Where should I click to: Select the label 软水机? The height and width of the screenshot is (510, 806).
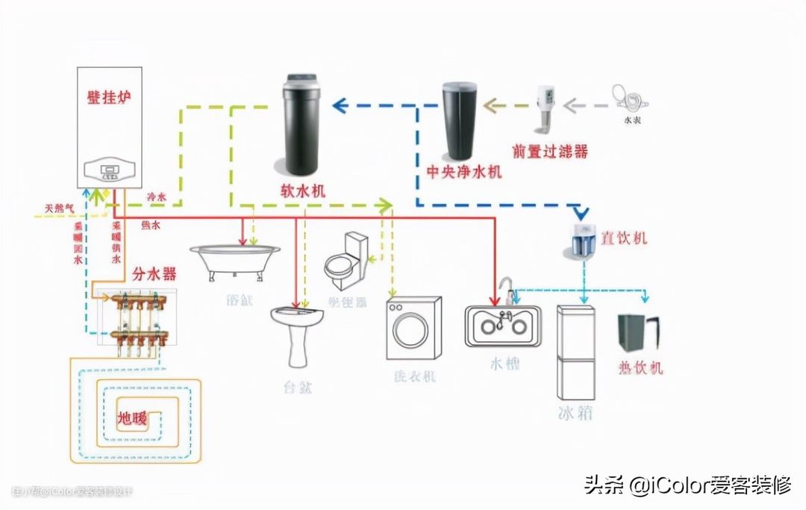coord(302,191)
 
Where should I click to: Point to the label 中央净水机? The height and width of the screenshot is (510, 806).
coord(463,172)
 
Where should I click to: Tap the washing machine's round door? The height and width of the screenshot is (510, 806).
coord(411,330)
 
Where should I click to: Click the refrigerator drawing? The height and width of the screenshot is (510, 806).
coord(576,352)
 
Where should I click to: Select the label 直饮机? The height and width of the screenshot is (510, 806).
coord(624,238)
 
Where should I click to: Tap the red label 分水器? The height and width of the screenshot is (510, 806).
coord(154,274)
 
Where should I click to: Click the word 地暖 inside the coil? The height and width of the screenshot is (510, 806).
coord(132,417)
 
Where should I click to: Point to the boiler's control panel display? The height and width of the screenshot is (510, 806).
coord(109,171)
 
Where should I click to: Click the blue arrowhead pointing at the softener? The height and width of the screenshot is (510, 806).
coord(340,105)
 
